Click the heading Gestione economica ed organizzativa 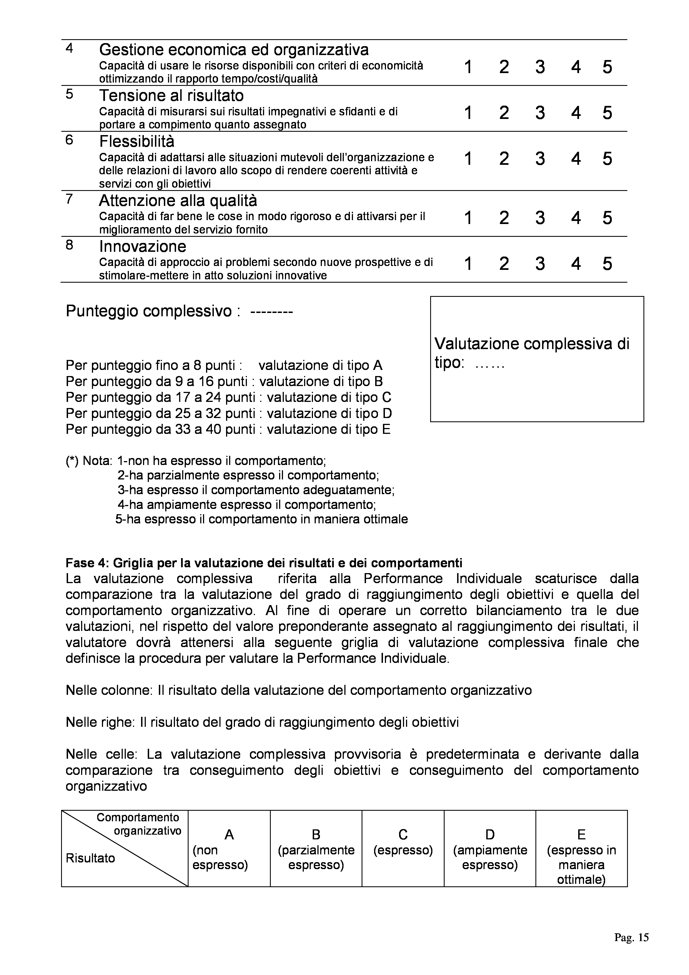(x=234, y=50)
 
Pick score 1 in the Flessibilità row (x=468, y=159)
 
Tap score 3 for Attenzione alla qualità (x=540, y=218)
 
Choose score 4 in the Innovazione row (x=576, y=264)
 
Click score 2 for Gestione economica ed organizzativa (x=504, y=67)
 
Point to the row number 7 (x=70, y=199)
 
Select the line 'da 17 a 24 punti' (x=228, y=397)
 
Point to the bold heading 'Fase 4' (x=264, y=563)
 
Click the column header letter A (x=229, y=835)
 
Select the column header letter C (x=403, y=835)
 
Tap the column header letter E (x=581, y=835)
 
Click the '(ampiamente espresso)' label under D (x=490, y=857)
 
